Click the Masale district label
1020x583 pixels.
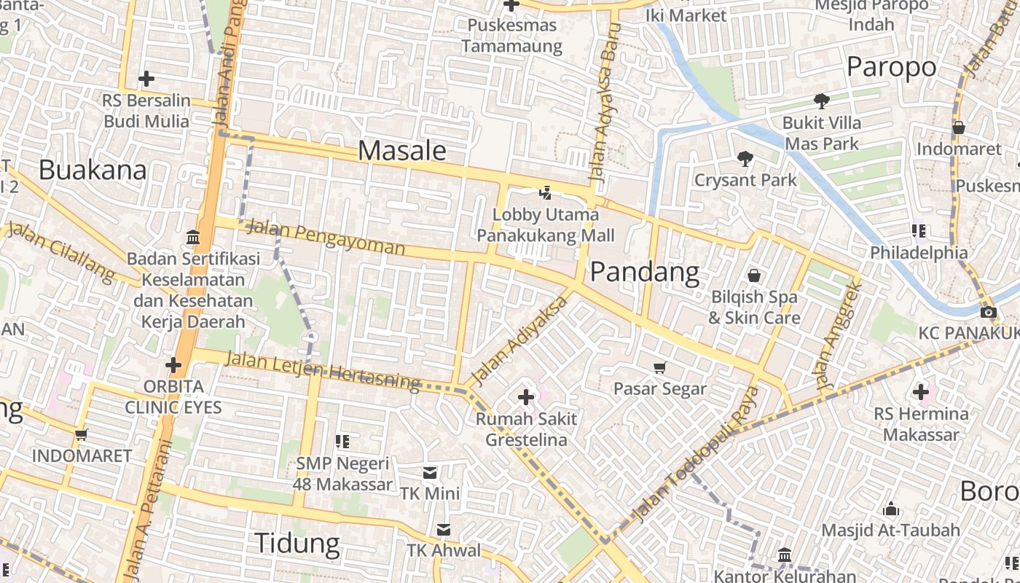click(x=402, y=151)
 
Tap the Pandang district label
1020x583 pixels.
click(x=644, y=273)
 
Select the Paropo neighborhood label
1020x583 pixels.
click(x=891, y=67)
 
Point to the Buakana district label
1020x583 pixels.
click(x=93, y=170)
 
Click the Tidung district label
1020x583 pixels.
click(x=297, y=544)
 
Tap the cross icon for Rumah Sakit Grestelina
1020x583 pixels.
click(x=525, y=397)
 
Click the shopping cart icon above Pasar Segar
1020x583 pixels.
click(x=660, y=367)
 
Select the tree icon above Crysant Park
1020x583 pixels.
click(x=745, y=158)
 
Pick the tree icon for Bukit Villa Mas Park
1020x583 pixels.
click(x=822, y=101)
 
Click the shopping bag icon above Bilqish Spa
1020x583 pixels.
click(x=754, y=275)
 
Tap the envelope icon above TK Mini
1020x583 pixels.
click(x=430, y=473)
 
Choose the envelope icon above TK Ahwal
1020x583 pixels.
click(x=443, y=529)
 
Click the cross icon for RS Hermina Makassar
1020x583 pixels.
click(x=921, y=393)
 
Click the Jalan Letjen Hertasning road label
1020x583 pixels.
click(x=322, y=370)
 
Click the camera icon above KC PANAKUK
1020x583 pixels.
click(x=989, y=313)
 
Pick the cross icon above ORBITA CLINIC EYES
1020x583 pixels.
click(x=173, y=365)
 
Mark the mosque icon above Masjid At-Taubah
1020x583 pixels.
click(x=890, y=509)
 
